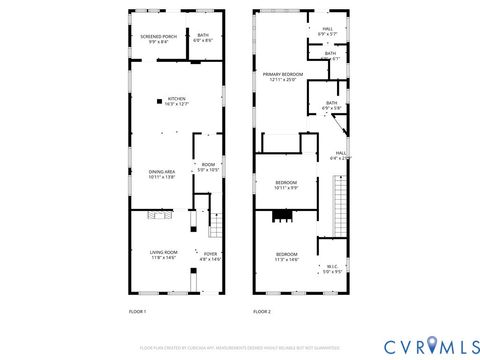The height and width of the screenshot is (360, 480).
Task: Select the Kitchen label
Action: point(177,101)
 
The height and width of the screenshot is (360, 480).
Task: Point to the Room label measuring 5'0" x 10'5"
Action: point(208,167)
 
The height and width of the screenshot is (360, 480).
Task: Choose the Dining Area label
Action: point(162,173)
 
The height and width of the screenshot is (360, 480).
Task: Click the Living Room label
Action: point(164,256)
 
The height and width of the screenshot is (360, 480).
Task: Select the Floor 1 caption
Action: point(137,312)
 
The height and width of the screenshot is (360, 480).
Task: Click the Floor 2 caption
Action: point(262,312)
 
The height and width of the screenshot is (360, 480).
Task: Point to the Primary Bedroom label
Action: point(283,77)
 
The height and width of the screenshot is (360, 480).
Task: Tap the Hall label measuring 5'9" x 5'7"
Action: point(327,31)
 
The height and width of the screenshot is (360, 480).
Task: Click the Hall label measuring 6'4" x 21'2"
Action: point(340,155)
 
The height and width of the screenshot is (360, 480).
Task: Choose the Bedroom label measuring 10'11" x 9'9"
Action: point(286,185)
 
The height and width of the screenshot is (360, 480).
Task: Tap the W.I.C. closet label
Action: point(331,268)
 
